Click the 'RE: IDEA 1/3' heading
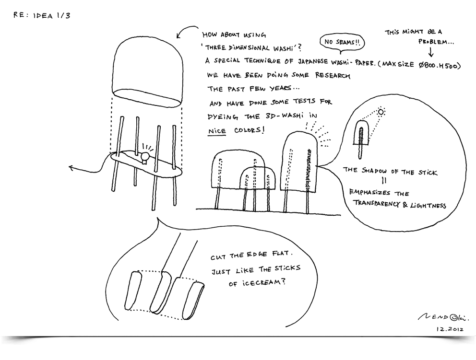42,15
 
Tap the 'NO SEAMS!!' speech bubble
342,43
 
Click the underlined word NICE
217,131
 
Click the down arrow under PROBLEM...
431,52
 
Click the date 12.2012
450,329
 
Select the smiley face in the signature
454,317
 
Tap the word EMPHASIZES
369,192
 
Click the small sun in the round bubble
381,112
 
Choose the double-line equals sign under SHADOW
384,181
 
